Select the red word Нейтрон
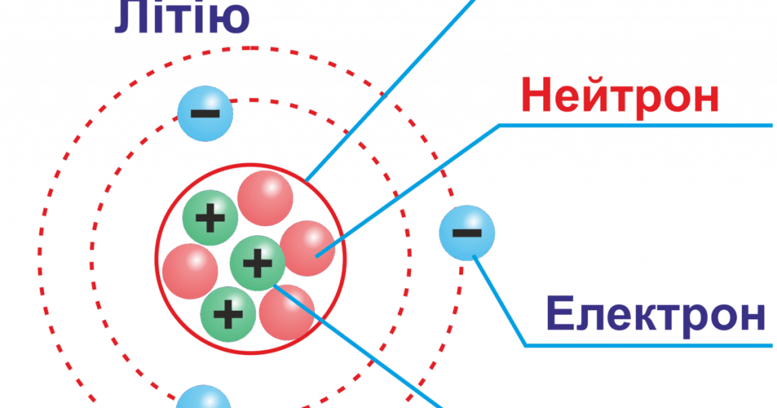tap(620, 96)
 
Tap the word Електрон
tap(656, 314)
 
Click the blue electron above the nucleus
tap(205, 114)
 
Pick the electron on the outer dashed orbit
tap(467, 233)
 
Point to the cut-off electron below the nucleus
tap(203, 397)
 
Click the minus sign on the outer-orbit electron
tap(467, 233)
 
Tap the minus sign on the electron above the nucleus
tap(205, 114)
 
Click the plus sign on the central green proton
tap(257, 263)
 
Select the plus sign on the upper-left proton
tap(210, 218)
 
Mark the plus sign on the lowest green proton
tap(228, 314)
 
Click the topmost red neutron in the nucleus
tap(265, 198)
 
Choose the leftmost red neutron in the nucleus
tap(190, 271)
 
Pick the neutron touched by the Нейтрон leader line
tap(307, 248)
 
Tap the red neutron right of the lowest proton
tap(287, 312)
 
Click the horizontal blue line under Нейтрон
tap(635, 126)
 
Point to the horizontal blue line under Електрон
tap(650, 345)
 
